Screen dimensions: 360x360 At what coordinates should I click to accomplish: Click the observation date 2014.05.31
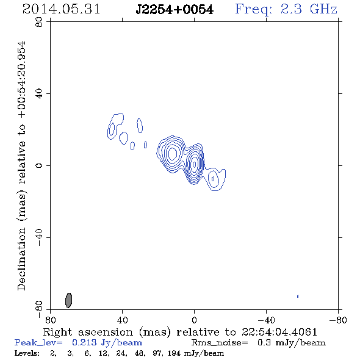pos(61,9)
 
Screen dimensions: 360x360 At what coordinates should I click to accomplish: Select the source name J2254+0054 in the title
pos(175,10)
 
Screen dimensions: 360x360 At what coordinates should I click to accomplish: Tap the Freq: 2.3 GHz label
pos(286,9)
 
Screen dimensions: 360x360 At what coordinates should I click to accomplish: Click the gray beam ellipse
pos(69,300)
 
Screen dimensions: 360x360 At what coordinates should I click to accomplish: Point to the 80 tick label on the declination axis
pos(39,22)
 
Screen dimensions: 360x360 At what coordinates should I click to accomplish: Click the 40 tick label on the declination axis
pos(39,93)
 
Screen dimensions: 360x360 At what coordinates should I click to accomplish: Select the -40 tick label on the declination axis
pos(39,237)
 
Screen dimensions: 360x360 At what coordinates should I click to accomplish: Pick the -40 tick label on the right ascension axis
pos(266,320)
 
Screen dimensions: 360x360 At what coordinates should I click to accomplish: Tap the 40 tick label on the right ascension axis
pos(123,320)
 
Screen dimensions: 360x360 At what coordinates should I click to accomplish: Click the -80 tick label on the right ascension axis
pos(338,320)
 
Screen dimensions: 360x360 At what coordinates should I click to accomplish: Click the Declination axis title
pos(22,165)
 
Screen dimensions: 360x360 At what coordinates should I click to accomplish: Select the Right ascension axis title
pos(180,332)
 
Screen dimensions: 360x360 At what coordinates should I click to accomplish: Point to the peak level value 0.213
pos(84,342)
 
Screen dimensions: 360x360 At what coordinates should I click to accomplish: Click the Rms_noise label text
pos(220,343)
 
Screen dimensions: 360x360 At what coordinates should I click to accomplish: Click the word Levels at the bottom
pos(27,353)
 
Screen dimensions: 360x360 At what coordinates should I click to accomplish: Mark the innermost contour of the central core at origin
pos(195,164)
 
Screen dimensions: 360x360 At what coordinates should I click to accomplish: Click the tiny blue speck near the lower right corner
pos(298,296)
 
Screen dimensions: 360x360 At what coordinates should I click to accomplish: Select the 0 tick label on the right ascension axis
pos(195,320)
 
